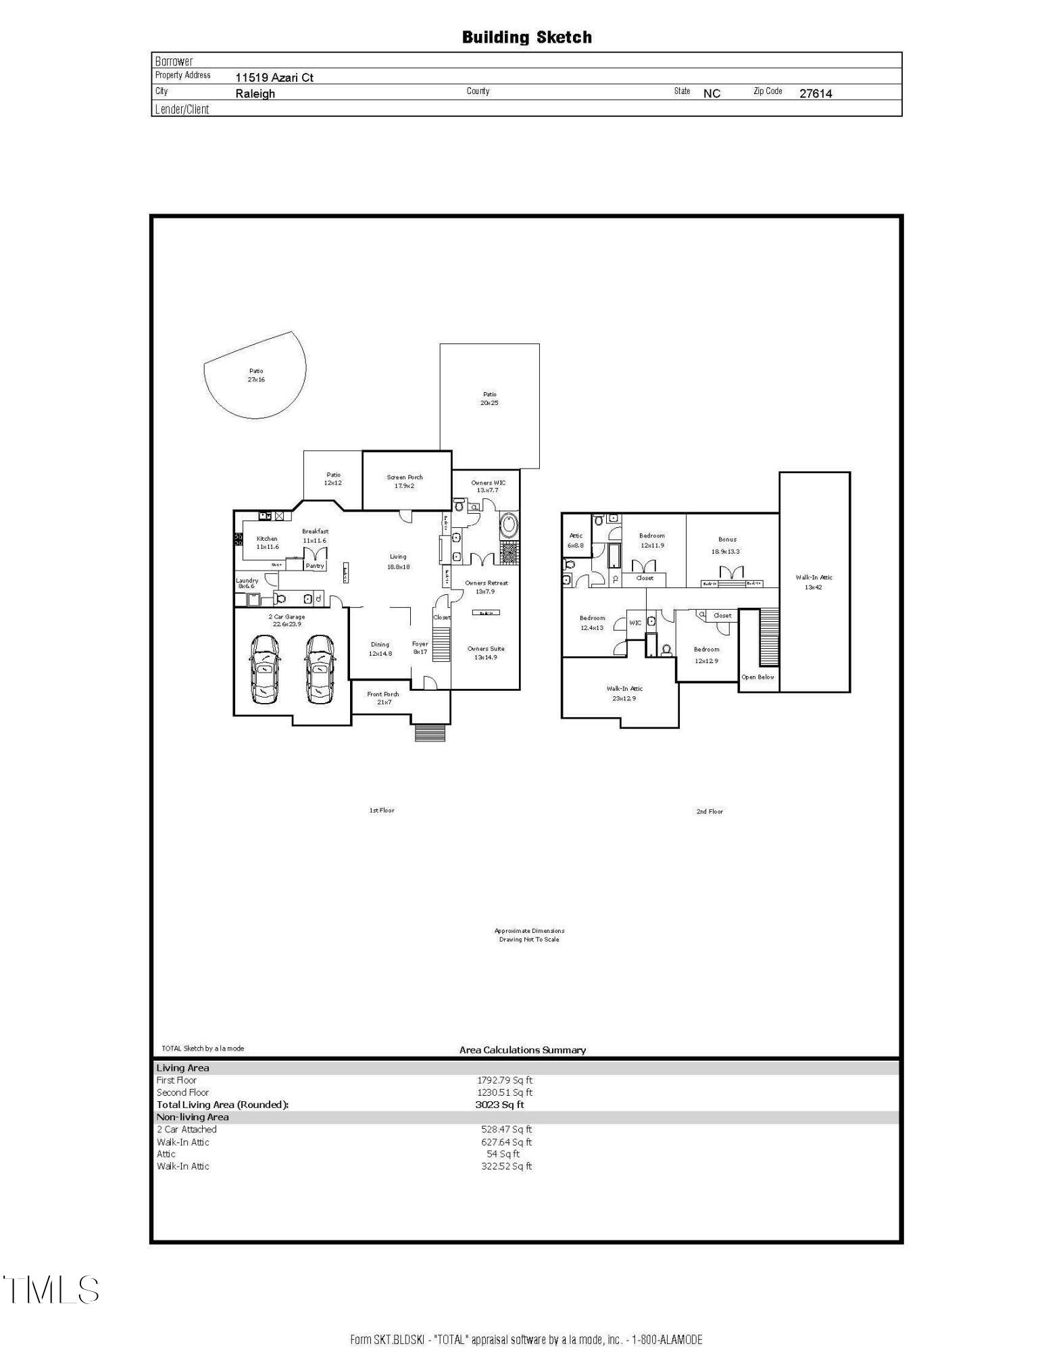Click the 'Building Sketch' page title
tap(526, 37)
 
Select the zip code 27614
tap(816, 93)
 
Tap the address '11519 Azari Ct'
tap(274, 77)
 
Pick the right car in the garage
tap(320, 669)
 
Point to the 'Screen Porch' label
tap(405, 477)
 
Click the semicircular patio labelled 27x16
tap(256, 375)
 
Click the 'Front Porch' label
tap(383, 694)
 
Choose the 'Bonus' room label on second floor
tap(727, 539)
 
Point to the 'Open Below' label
tap(757, 677)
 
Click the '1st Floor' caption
tap(382, 810)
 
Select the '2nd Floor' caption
tap(710, 811)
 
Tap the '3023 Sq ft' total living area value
tap(499, 1105)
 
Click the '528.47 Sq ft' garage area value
tap(506, 1129)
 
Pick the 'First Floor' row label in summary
tap(176, 1080)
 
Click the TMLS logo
tap(51, 1290)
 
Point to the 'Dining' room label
tap(380, 644)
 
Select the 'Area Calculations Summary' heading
tap(522, 1050)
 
